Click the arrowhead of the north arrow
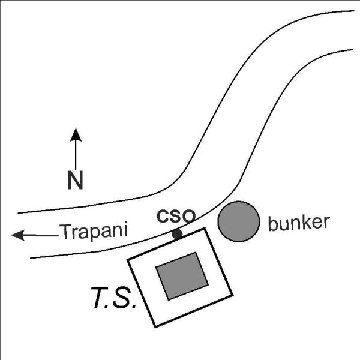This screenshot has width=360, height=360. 76,135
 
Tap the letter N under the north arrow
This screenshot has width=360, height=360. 76,180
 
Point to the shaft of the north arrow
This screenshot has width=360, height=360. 76,155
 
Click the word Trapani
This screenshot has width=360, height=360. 94,232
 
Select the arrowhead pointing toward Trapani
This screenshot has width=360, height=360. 18,235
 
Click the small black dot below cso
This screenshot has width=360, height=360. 177,234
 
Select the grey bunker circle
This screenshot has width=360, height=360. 239,221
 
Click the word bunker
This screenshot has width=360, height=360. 299,223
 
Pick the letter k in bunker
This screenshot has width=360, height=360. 306,222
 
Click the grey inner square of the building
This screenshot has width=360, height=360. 182,276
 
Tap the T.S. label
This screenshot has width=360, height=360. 113,298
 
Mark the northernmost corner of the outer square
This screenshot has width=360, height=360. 204,228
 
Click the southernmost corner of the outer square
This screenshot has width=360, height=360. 155,327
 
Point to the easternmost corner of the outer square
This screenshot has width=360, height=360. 233,295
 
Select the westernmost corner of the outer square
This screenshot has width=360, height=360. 128,260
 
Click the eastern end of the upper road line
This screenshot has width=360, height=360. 354,11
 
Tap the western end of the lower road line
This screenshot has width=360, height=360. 31,258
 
